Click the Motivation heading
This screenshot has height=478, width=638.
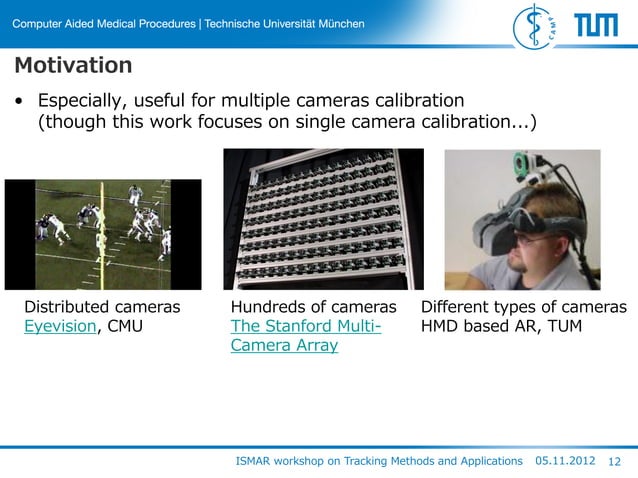pos(73,66)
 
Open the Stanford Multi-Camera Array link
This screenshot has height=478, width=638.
pos(306,335)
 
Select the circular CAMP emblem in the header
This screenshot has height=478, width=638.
pos(536,25)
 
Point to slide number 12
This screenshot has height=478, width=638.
pos(615,461)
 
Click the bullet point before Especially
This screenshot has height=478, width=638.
pos(19,102)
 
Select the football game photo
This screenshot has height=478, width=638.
pos(103,235)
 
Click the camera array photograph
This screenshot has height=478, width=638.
pos(322,219)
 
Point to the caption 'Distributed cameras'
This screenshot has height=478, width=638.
pos(102,305)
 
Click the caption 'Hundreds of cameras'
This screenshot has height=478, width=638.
pos(313,305)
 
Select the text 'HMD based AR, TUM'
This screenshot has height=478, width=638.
pos(501,325)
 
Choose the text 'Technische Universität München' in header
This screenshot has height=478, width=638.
pos(284,23)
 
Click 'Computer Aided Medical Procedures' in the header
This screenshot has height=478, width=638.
pos(104,23)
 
